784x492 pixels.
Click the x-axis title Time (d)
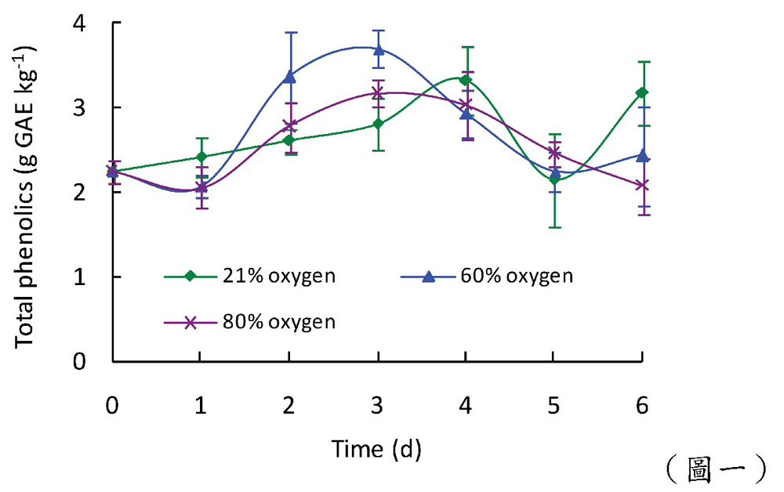376,450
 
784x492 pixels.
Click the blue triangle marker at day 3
379,49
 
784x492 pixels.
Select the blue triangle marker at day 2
290,76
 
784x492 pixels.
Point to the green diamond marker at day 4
466,80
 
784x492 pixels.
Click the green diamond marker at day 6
642,92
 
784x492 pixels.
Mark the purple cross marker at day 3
379,92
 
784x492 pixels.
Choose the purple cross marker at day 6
642,185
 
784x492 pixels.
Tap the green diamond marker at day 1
201,157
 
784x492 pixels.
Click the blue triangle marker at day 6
642,154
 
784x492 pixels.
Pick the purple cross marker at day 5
554,152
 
